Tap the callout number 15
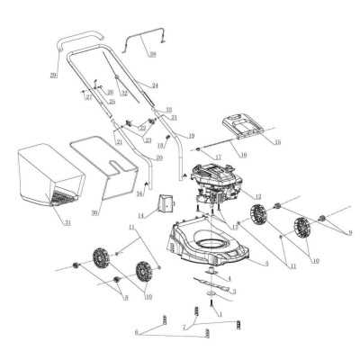(x=277, y=142)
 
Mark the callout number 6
(x=137, y=332)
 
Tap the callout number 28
(x=153, y=55)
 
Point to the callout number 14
(x=141, y=214)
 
